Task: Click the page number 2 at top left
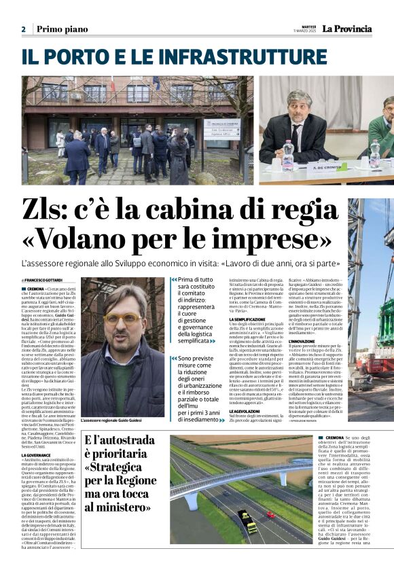(23, 29)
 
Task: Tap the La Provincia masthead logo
(347, 29)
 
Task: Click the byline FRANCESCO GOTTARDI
(43, 281)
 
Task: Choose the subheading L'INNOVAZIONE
(302, 341)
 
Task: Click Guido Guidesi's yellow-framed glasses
(123, 317)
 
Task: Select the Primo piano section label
(62, 29)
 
